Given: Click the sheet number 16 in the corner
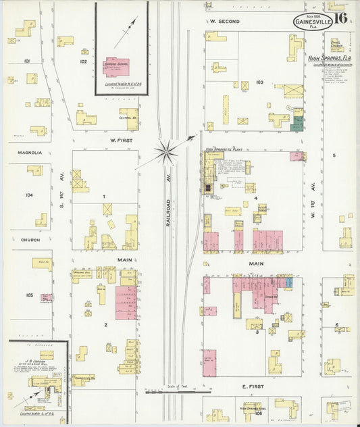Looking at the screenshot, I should coord(340,18).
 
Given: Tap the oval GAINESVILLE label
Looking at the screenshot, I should coord(312,22).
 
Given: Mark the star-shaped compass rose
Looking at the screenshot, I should coord(164,151).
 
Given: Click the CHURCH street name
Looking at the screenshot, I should coord(30,240).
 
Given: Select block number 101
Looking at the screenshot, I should coord(28,61).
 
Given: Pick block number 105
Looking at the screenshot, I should coord(29,295).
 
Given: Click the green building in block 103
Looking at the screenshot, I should coord(297,124).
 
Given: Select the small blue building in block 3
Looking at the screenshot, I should coord(289,282).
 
